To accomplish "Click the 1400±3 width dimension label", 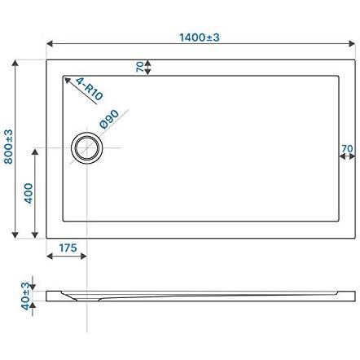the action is pos(200,37).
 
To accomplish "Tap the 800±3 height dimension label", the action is pos(8,147).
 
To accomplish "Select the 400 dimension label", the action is pos(29,193).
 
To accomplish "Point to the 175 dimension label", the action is pos(68,248).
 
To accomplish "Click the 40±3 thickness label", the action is pos(25,296).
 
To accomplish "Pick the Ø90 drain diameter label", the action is pos(109,119).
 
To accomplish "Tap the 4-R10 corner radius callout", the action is pos(89,89).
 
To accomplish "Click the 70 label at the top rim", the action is pos(140,67).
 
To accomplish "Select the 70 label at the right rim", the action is pos(347,148).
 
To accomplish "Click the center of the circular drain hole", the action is pos(87,148).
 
